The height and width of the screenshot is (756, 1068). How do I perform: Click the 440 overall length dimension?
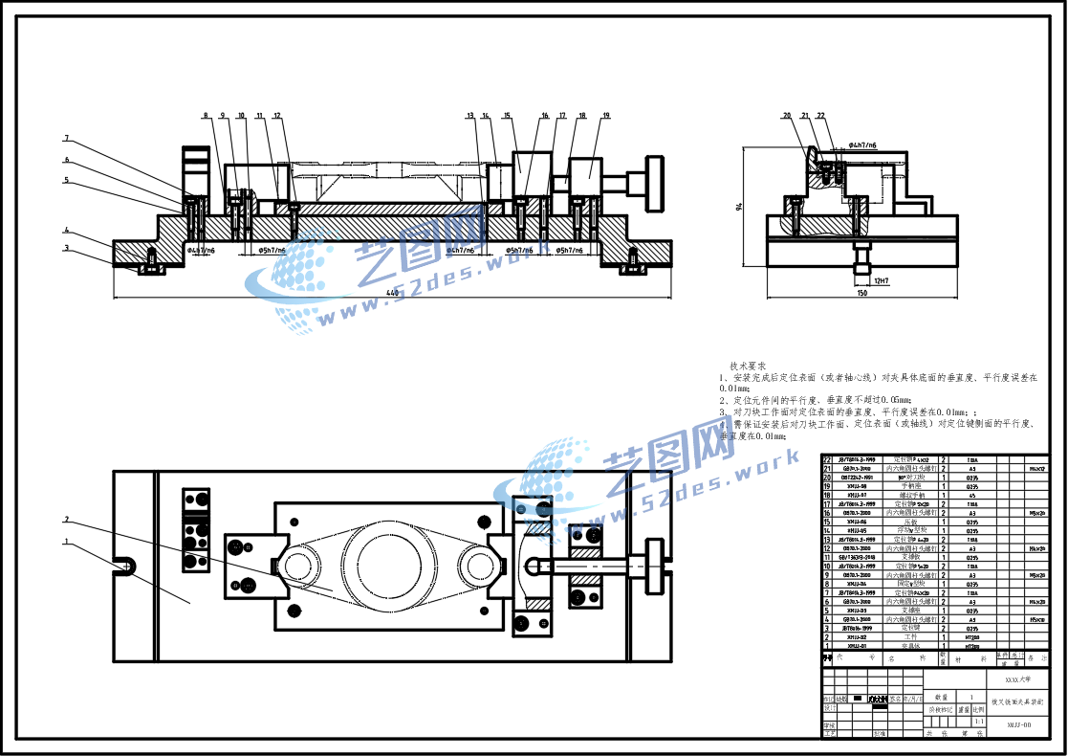(x=392, y=292)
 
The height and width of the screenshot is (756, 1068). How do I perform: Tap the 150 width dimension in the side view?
(x=861, y=294)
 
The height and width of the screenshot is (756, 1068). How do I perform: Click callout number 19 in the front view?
(x=605, y=116)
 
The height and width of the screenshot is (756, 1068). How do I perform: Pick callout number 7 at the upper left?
(x=67, y=138)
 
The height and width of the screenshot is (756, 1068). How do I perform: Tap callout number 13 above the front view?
(x=470, y=116)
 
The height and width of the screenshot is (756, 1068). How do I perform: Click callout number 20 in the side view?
(x=788, y=116)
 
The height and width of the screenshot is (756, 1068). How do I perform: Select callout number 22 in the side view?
(x=820, y=116)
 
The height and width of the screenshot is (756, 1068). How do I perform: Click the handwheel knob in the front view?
(x=655, y=182)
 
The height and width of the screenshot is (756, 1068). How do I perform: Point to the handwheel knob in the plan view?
(x=654, y=565)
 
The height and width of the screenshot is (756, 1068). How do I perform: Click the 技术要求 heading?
(x=748, y=366)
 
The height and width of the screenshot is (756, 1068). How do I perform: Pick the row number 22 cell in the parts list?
(x=827, y=459)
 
